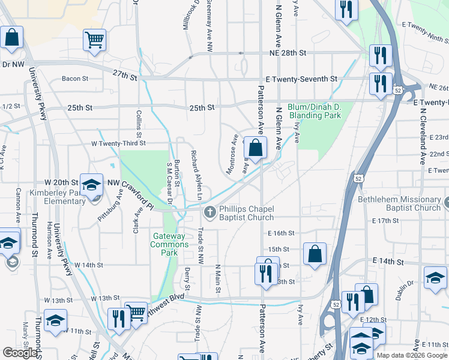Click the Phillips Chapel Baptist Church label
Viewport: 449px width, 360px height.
click(x=246, y=212)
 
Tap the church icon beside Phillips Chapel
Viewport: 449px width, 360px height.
click(x=210, y=212)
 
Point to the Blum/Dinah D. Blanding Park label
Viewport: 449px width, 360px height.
click(x=315, y=110)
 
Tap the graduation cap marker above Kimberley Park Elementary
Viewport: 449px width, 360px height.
click(x=92, y=185)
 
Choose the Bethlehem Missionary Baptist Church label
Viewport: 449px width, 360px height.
click(x=399, y=203)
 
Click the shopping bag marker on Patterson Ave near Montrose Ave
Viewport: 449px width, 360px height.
click(x=255, y=148)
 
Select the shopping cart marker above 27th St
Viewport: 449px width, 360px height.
click(x=95, y=41)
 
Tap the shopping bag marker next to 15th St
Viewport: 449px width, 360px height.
click(x=315, y=254)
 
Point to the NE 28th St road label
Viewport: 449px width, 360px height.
click(x=286, y=53)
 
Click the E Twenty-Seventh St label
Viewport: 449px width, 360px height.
click(x=301, y=79)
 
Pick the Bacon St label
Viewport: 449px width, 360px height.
click(x=75, y=79)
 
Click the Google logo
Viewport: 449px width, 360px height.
click(x=20, y=353)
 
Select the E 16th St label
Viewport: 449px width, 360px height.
click(x=282, y=233)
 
